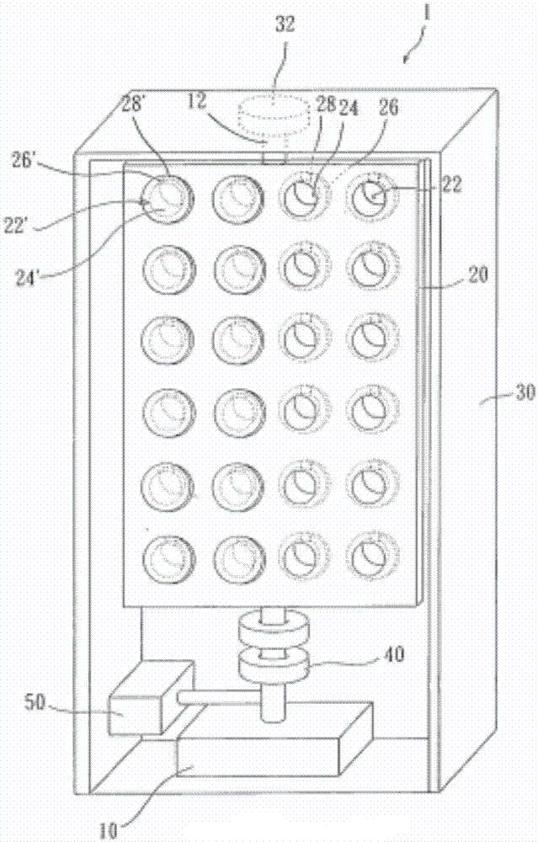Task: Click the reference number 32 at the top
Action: tap(285, 24)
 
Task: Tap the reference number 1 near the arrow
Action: tap(427, 13)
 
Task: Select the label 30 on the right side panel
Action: tap(525, 393)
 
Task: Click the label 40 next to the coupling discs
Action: tap(395, 654)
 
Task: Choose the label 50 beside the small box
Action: tap(35, 702)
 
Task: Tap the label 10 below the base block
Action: tap(108, 830)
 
